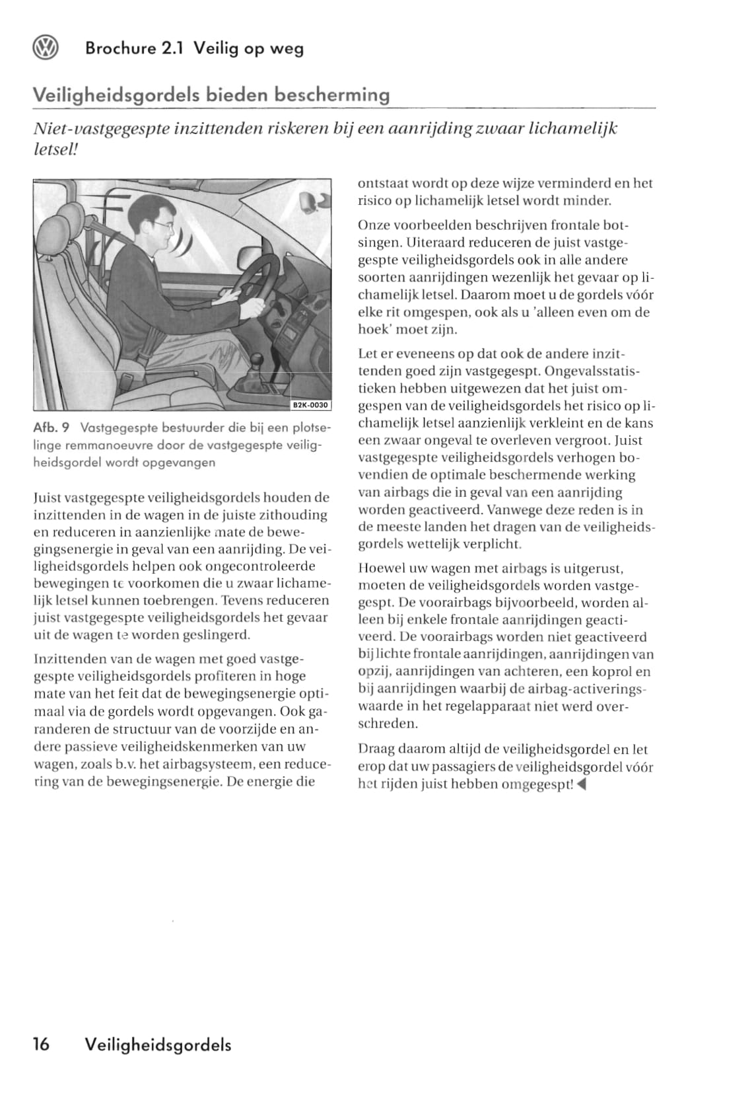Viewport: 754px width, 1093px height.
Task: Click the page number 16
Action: [41, 1045]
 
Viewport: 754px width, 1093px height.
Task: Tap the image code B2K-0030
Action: [310, 405]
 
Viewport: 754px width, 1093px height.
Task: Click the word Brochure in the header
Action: [121, 49]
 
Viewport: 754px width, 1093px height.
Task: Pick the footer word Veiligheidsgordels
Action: [158, 1045]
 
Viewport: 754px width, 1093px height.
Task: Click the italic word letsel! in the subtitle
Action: [55, 150]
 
